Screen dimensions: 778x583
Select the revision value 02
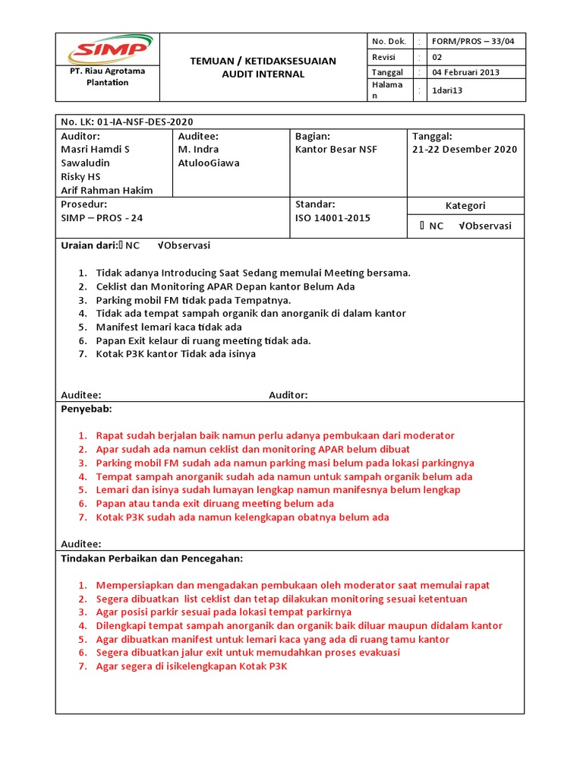(x=436, y=57)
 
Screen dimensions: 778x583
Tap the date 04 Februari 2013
(x=465, y=72)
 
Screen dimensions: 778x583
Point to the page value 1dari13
(x=447, y=90)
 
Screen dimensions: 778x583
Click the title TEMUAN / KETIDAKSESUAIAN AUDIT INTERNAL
(x=263, y=68)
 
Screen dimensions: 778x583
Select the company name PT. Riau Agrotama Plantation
(x=108, y=77)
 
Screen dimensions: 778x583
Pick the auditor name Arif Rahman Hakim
(x=106, y=190)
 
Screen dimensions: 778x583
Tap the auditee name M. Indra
(x=198, y=149)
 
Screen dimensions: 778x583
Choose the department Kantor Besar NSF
(x=336, y=149)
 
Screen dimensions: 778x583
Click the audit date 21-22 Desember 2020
(x=465, y=149)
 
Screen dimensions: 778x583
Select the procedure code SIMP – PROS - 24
(x=102, y=217)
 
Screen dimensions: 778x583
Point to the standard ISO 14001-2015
(x=332, y=217)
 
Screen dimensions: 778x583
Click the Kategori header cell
(x=465, y=206)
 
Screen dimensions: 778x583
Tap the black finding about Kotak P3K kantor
(x=175, y=354)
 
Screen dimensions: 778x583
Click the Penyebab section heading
(x=86, y=409)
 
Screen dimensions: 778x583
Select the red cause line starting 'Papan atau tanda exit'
(x=215, y=503)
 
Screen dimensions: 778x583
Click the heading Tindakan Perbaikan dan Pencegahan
(x=151, y=558)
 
